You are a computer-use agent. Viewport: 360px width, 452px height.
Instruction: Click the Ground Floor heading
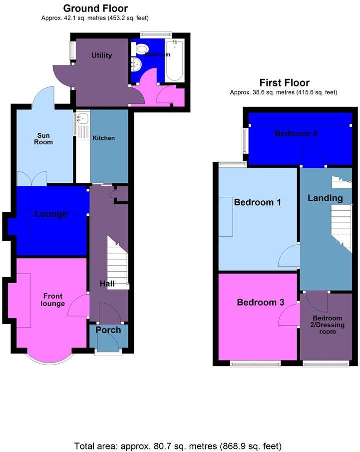pos(95,8)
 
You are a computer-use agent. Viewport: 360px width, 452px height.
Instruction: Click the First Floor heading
pos(284,83)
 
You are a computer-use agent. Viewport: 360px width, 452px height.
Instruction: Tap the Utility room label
pos(101,55)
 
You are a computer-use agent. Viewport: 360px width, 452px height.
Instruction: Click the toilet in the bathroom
pos(142,49)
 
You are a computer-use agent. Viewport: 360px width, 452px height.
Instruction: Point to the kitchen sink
pos(82,119)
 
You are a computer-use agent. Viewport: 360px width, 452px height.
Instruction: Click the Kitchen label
pos(103,138)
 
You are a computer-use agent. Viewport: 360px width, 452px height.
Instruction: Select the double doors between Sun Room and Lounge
pos(32,178)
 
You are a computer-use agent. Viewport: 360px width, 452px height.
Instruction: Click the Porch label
pos(108,330)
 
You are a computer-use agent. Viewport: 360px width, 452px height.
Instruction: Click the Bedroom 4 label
pos(296,134)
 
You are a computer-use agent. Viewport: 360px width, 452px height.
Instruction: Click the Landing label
pos(325,198)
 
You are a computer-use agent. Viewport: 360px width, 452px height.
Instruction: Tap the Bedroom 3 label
pos(260,303)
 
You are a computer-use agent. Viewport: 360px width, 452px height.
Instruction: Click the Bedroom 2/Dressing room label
pos(328,325)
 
